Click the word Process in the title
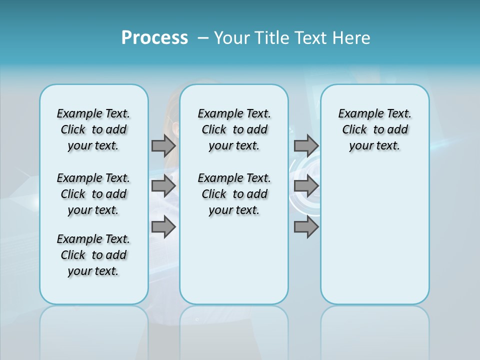coord(154,38)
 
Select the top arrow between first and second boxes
coord(163,145)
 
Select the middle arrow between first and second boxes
coord(163,186)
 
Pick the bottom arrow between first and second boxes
coord(163,227)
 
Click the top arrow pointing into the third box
coord(305,145)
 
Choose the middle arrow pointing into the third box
coord(305,186)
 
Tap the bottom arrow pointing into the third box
coord(305,227)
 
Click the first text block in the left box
coord(93,129)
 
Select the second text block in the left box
coord(93,194)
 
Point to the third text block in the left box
coord(93,255)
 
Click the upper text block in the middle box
coord(234,129)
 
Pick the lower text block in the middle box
coord(234,194)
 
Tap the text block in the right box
coord(375,129)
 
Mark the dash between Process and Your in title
coord(203,38)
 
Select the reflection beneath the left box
coord(94,330)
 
